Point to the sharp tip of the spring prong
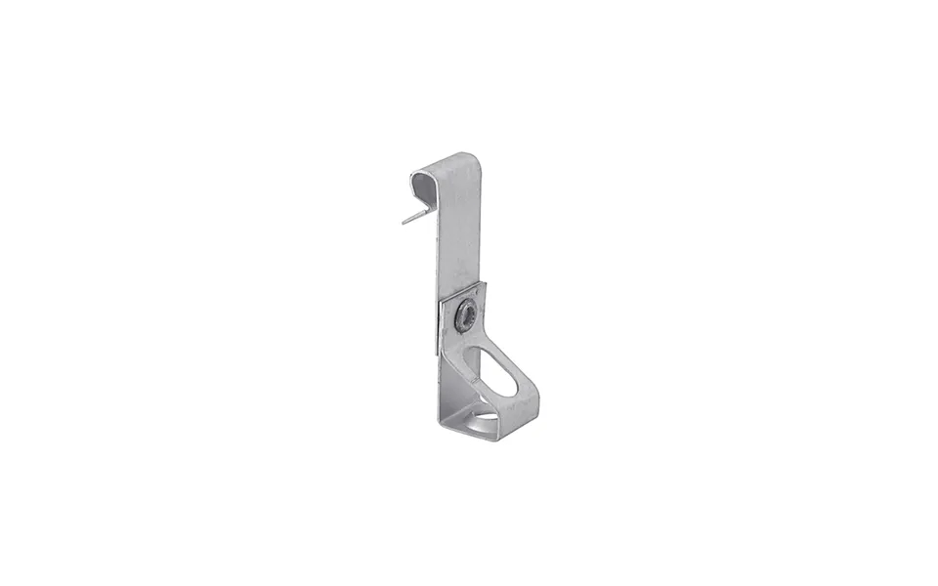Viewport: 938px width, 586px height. click(x=403, y=224)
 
